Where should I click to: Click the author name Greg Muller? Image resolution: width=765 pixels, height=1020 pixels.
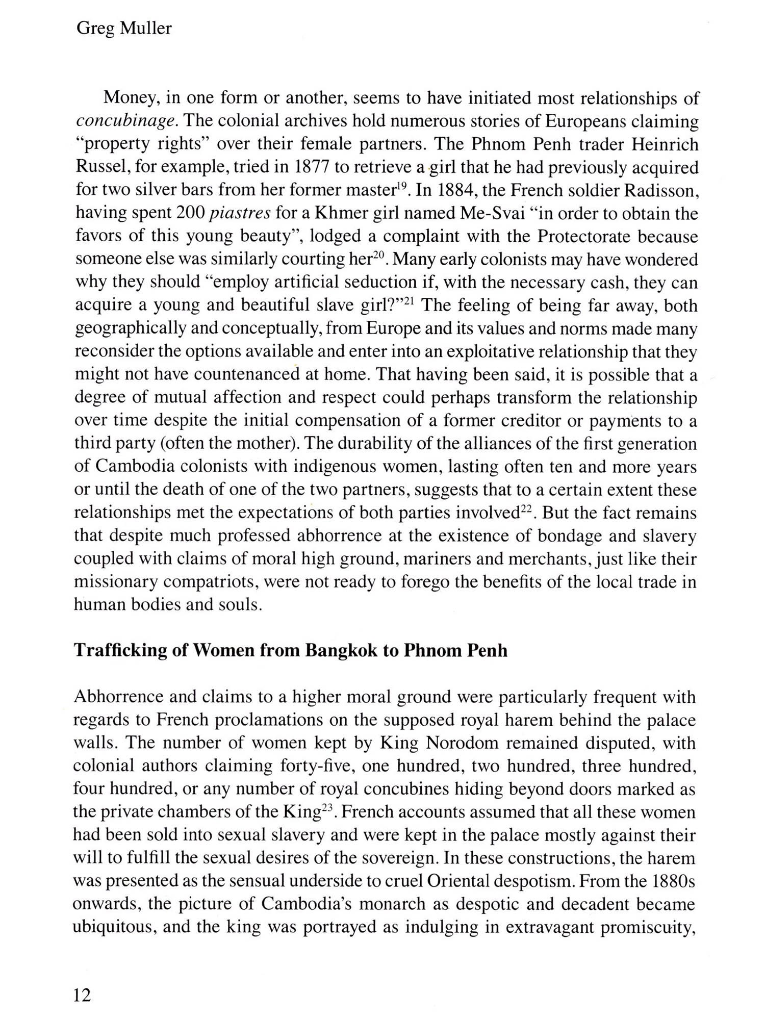124,29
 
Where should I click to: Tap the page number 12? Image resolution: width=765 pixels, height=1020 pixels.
83,995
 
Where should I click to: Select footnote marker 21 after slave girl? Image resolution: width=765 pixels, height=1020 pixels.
411,301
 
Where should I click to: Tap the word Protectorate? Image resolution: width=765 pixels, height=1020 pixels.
583,237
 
